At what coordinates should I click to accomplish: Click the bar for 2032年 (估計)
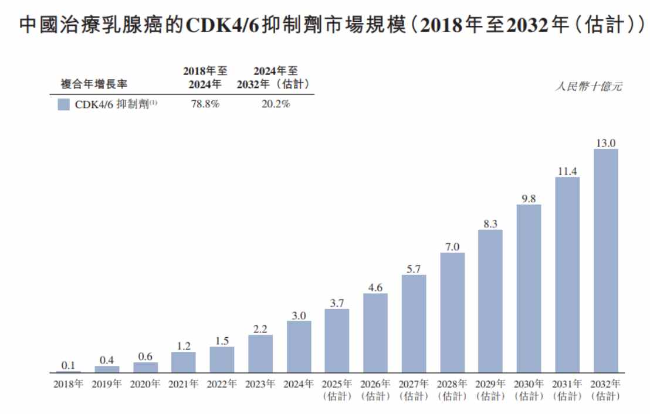click(x=605, y=261)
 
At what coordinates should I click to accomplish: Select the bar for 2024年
click(x=299, y=347)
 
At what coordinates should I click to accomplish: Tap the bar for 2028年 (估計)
click(x=452, y=313)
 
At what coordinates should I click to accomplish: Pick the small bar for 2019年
click(x=107, y=369)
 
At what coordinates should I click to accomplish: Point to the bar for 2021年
click(x=183, y=362)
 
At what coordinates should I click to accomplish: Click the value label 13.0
click(x=605, y=142)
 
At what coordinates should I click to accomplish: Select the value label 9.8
click(x=529, y=198)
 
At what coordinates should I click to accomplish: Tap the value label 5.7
click(x=414, y=269)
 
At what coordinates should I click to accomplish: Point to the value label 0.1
click(x=68, y=365)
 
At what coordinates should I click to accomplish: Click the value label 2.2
click(x=260, y=328)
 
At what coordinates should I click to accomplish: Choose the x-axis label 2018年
click(x=68, y=385)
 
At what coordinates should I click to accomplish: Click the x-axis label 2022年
click(x=222, y=385)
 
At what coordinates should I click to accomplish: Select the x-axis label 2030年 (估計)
click(x=529, y=390)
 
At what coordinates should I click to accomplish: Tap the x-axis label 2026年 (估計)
click(x=375, y=390)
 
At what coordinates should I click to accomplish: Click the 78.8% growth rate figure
click(x=205, y=104)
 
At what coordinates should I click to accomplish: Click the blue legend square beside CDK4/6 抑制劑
click(x=65, y=104)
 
